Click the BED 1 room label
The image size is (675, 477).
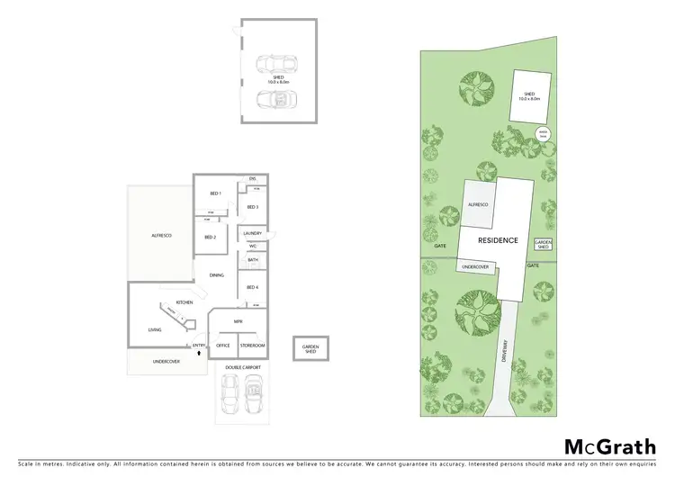[x=215, y=193]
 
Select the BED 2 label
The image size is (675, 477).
[x=210, y=237]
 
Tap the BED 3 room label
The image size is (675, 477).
[x=253, y=207]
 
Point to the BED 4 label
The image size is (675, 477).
[x=253, y=287]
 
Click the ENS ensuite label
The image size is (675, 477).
[x=253, y=179]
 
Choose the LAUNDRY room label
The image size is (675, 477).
[x=253, y=233]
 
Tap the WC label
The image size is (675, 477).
[x=253, y=246]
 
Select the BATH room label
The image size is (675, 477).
[x=253, y=260]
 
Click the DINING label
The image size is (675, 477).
[x=216, y=275]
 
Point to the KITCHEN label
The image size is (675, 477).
[x=184, y=301]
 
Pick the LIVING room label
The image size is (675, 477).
[x=155, y=330]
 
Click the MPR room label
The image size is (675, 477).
[x=238, y=320]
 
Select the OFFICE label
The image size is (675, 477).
[x=223, y=346]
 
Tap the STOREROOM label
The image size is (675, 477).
[x=253, y=346]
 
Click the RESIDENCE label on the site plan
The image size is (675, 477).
[x=498, y=240]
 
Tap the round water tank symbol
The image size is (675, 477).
[x=544, y=135]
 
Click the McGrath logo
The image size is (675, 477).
[x=608, y=446]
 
